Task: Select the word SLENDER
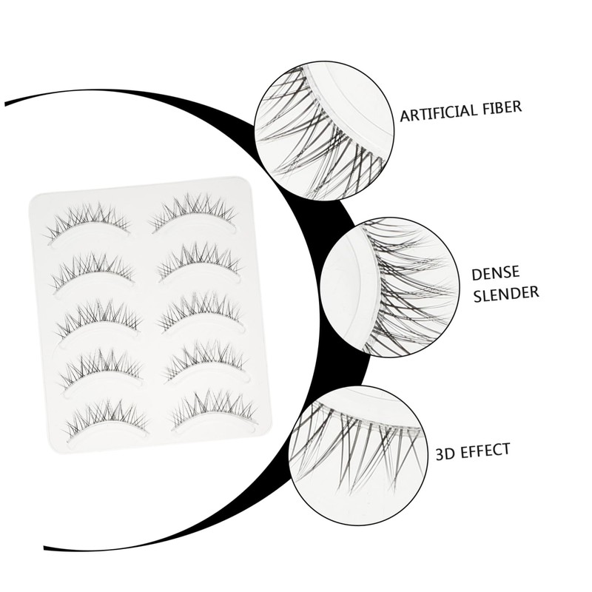505,294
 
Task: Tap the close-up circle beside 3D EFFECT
355,445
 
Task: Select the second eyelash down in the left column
92,271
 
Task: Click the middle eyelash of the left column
97,319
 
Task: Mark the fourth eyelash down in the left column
101,369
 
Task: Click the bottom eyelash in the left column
107,420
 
